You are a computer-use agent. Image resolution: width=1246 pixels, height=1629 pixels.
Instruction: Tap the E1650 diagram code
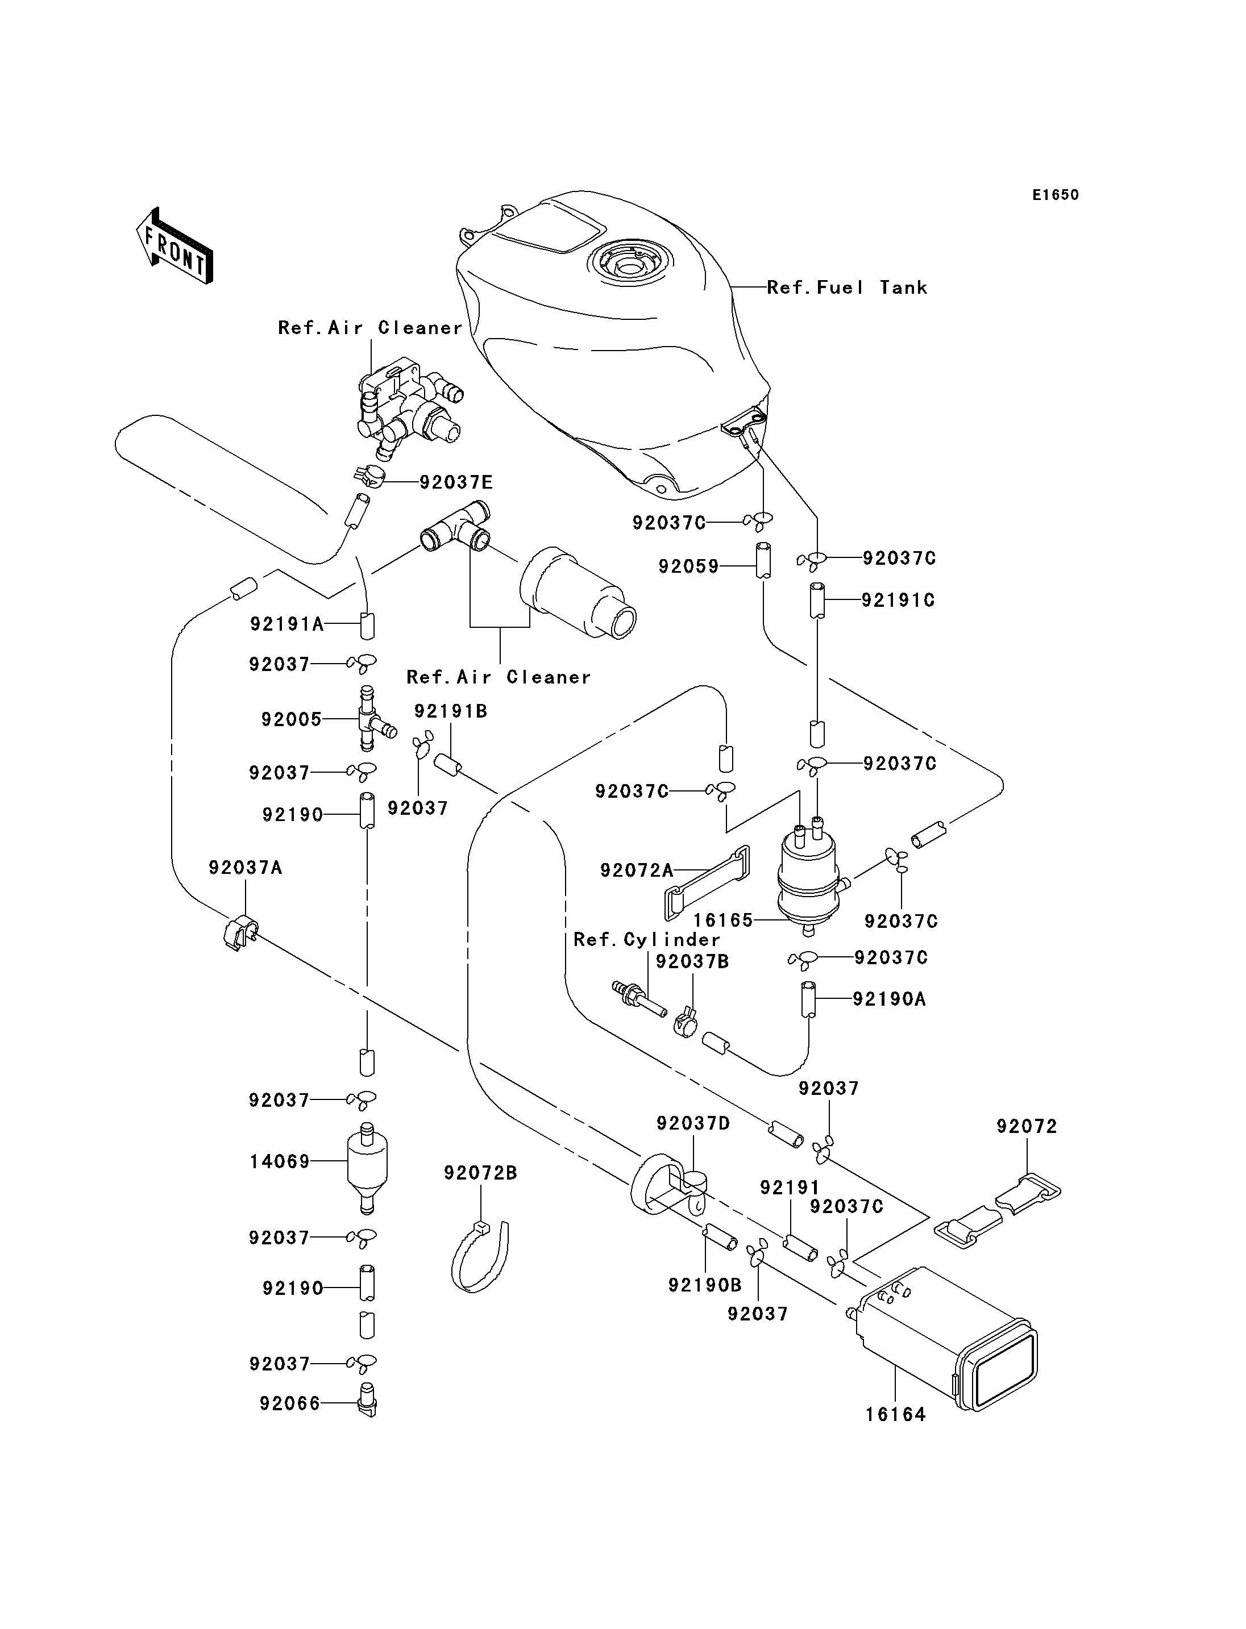coord(1056,195)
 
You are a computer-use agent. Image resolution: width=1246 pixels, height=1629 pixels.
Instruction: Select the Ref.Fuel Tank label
coord(847,288)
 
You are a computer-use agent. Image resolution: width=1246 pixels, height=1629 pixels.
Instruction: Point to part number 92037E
coord(456,483)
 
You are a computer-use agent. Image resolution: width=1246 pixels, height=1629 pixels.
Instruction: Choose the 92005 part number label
coord(292,719)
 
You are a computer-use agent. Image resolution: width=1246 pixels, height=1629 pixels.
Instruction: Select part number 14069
coord(280,1162)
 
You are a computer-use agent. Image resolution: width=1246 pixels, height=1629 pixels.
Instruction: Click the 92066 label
coord(290,1403)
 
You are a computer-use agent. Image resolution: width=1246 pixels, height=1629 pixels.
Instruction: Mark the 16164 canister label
coord(896,1415)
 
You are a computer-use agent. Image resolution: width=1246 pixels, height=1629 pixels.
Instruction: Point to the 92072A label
coord(636,870)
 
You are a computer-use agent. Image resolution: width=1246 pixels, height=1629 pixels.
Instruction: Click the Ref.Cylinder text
coord(647,940)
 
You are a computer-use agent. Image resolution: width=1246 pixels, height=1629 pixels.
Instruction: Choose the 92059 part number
coord(689,567)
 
